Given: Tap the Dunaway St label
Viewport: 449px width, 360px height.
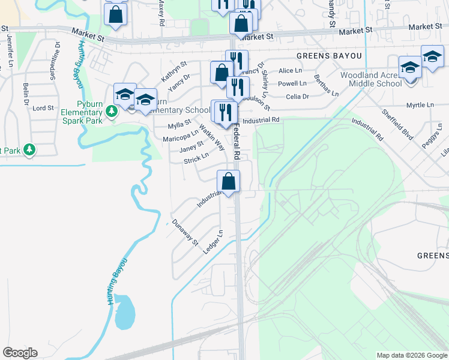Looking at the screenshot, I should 184,232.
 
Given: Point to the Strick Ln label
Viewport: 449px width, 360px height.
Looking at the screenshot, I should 196,158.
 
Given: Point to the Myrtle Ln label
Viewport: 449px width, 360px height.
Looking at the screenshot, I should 420,105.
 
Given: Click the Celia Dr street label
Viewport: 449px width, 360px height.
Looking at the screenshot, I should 298,96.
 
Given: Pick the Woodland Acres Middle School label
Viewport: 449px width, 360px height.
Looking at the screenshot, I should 371,79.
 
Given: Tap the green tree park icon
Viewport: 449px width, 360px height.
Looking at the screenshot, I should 28,150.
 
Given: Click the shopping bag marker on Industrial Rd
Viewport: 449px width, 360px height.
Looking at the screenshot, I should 228,181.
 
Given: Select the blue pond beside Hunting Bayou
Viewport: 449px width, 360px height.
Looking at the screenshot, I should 124,312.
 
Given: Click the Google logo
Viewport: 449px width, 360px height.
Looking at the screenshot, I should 20,353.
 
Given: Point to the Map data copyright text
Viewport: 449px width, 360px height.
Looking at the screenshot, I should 412,355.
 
